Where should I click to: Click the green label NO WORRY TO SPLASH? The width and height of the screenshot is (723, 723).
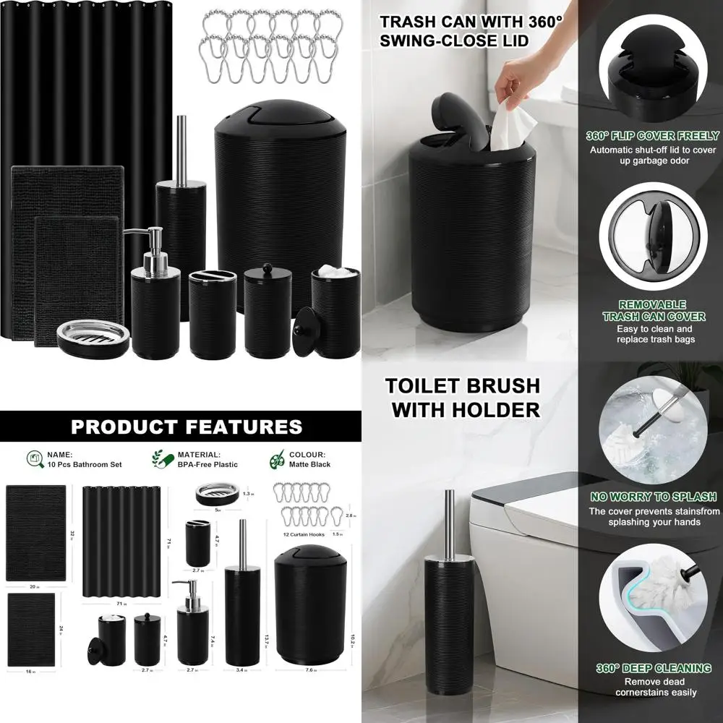(x=653, y=497)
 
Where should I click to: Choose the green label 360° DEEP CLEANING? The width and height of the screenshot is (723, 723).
(x=653, y=668)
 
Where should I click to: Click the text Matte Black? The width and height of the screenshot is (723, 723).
(x=309, y=464)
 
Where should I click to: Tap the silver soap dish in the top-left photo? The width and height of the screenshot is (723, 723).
(x=93, y=333)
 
